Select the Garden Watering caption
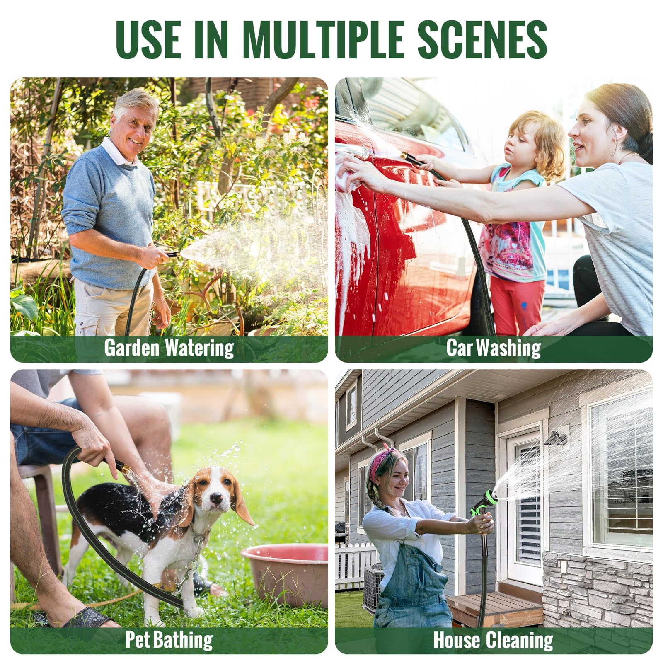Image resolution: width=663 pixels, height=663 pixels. (x=169, y=348)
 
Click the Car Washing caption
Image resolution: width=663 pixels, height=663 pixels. (x=494, y=348)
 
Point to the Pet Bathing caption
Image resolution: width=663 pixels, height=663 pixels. (x=169, y=639)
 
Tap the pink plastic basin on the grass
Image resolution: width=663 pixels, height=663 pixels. (x=286, y=574)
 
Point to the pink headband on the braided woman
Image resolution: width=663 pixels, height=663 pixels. (x=379, y=460)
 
